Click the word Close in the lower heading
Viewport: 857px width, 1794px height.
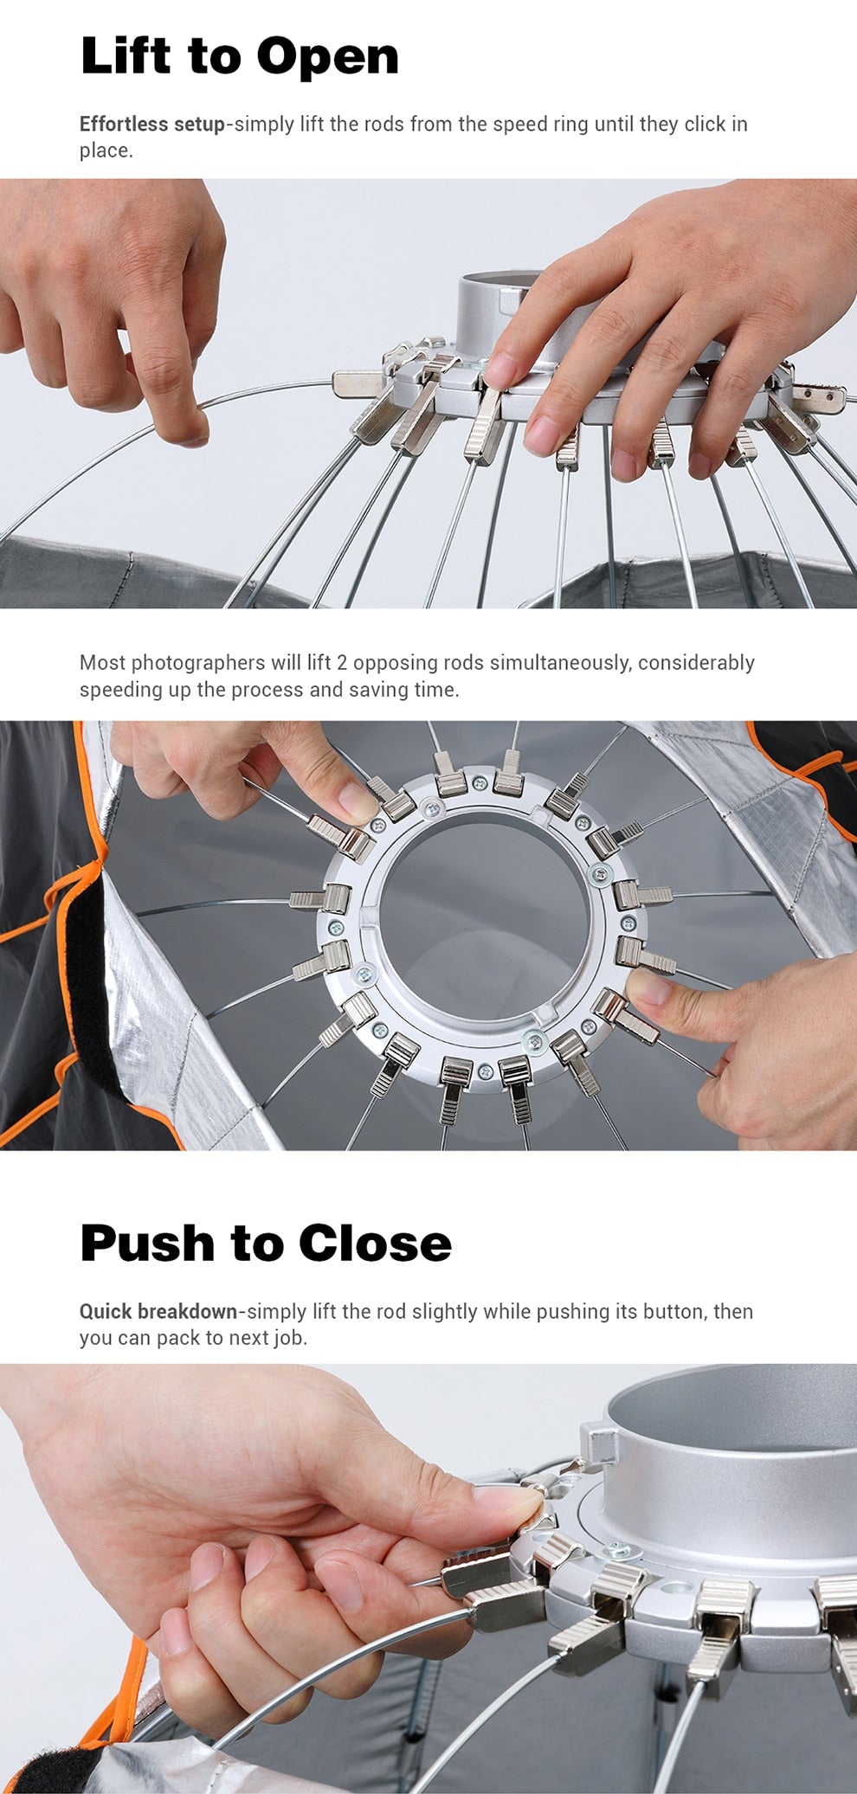[x=375, y=1243]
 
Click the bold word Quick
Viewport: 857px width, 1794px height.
[x=106, y=1311]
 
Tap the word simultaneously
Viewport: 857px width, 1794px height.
[x=560, y=663]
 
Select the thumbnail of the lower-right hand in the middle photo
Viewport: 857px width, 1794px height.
[x=648, y=987]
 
